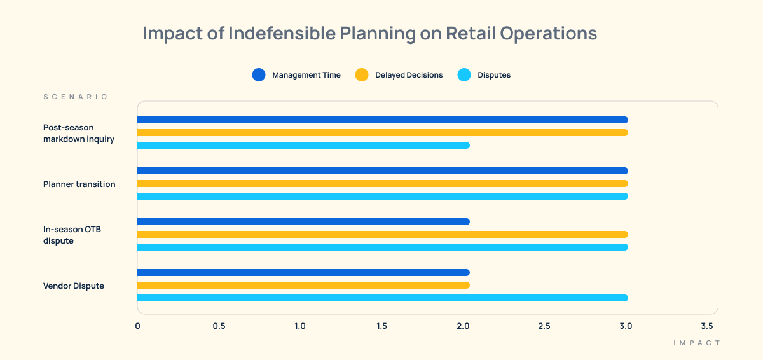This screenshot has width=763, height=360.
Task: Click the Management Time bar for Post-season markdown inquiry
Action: click(382, 120)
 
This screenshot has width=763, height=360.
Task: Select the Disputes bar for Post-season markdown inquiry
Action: click(303, 145)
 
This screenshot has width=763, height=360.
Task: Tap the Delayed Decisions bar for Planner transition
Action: click(382, 183)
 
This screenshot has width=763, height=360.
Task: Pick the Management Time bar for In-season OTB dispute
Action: click(303, 221)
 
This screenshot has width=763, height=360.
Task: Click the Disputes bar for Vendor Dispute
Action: click(382, 298)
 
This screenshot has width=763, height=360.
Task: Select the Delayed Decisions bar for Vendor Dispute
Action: click(303, 285)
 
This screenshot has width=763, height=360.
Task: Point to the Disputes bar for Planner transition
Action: click(382, 196)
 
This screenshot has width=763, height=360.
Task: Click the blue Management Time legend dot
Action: click(259, 75)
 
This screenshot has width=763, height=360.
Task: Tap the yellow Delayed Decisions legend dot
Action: click(362, 75)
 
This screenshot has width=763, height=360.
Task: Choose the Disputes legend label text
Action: click(494, 75)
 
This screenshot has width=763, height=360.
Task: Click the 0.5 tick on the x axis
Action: click(219, 326)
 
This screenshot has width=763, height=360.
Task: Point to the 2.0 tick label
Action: click(463, 326)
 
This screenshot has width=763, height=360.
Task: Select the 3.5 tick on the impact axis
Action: click(707, 326)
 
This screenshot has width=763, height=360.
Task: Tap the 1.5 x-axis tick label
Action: click(381, 326)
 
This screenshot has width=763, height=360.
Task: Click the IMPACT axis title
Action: click(697, 343)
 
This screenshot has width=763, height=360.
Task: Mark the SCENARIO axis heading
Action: click(76, 97)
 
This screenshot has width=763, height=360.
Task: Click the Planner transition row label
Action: click(79, 184)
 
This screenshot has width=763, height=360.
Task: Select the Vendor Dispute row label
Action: click(74, 286)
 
